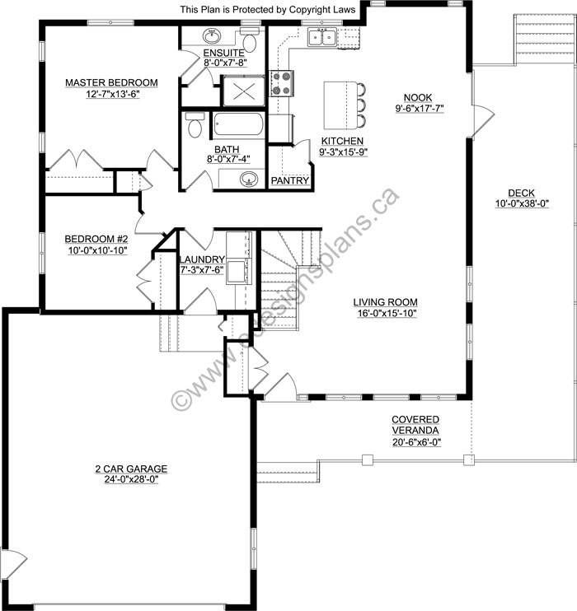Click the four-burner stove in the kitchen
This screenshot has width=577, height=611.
[282, 82]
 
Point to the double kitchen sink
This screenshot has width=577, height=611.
[321, 36]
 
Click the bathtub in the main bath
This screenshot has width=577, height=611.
[238, 126]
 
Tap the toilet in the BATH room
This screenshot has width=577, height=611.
[195, 127]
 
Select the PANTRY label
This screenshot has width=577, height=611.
[289, 180]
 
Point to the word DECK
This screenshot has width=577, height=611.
[521, 193]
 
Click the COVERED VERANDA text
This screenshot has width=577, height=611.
[415, 425]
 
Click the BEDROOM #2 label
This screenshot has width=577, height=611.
[96, 240]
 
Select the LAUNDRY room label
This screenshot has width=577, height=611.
[201, 259]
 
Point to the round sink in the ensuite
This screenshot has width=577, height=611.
[212, 36]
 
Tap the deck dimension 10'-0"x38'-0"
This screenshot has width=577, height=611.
[521, 203]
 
